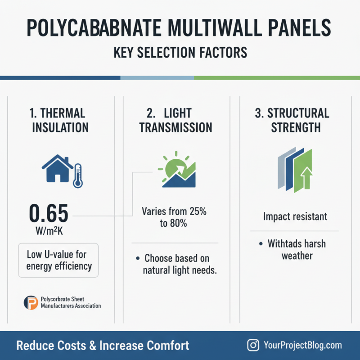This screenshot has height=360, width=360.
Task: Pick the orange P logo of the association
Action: coord(31,302)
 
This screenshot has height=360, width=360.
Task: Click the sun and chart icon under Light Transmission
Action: coord(176,171)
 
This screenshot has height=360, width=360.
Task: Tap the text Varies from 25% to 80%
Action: coord(174,217)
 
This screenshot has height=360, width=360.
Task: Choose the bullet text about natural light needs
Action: coord(176,265)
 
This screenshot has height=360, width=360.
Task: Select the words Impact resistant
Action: coord(295,217)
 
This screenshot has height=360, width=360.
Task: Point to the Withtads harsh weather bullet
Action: coord(297,250)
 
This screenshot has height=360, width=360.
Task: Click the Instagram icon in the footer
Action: coord(254,346)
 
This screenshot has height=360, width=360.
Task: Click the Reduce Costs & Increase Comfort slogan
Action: coord(103,346)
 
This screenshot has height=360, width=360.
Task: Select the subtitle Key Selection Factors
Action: coord(180,53)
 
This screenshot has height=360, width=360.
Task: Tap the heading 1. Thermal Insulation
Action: coord(57,120)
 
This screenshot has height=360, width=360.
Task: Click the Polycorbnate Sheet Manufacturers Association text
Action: coord(71,302)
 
